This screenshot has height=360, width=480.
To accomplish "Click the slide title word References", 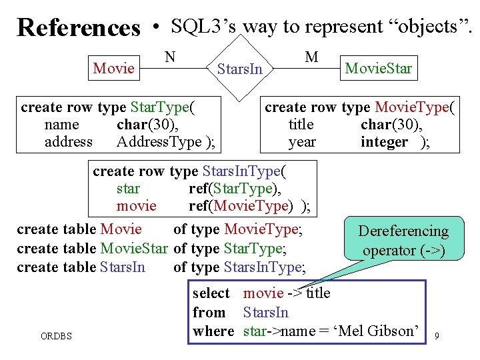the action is point(79,28).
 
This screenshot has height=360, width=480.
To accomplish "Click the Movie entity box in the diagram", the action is point(114,68).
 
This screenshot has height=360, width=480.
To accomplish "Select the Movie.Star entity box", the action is point(378,69).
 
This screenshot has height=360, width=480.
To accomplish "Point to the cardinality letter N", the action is point(171,57).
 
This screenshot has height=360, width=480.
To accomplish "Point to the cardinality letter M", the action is point(311,57).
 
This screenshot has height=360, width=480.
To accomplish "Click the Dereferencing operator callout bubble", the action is point(403,241).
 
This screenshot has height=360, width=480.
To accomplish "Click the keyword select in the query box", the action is point(211,293).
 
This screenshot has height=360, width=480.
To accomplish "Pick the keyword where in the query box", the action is point(213,331).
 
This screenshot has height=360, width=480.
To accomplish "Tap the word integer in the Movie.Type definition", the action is point(384,142).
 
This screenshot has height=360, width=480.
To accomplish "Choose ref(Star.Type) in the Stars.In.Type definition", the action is point(235,189).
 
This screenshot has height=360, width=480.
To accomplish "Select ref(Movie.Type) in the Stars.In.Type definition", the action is point(241,206).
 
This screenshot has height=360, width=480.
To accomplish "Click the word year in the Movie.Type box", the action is point(302,142).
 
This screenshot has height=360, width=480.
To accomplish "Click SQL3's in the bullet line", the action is point(203,27).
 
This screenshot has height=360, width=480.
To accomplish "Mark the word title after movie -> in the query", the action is point(317,293).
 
